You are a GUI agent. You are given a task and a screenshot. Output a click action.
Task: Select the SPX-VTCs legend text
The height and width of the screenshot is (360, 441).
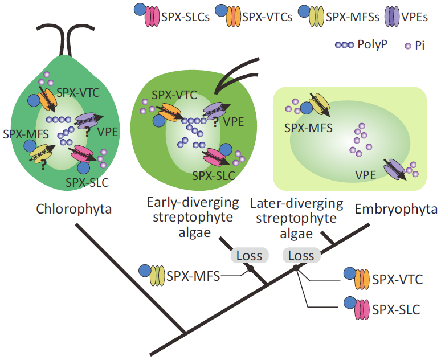267,16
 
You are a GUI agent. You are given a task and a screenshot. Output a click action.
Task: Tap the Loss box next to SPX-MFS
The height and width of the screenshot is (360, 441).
249,256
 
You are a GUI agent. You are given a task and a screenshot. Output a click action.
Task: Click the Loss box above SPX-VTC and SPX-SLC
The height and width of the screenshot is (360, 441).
301,256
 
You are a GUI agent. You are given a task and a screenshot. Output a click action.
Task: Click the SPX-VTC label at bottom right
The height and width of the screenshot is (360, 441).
397,279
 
